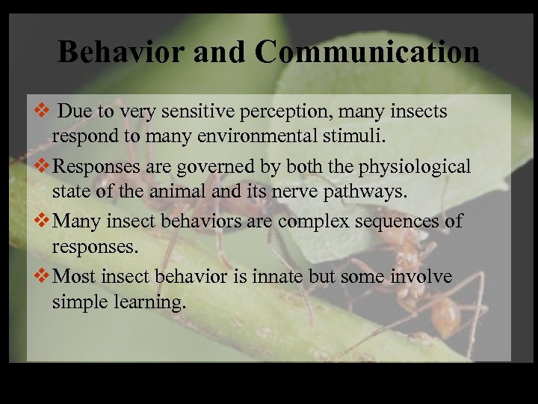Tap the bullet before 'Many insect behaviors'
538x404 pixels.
click(43, 221)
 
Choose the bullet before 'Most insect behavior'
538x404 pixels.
click(43, 277)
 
